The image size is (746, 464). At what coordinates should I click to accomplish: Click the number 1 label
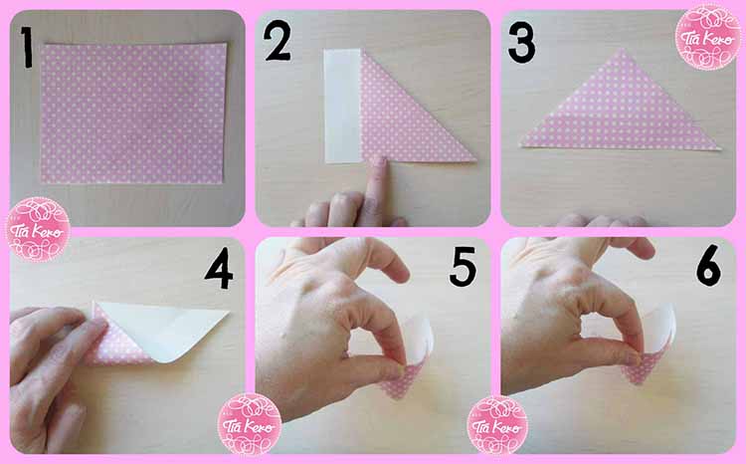click(x=26, y=47)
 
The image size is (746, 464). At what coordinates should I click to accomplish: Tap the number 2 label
click(x=278, y=44)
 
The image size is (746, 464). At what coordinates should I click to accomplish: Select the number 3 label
click(x=520, y=44)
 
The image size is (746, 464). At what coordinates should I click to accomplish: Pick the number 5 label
click(x=464, y=266)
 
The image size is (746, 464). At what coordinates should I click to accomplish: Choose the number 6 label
click(x=708, y=266)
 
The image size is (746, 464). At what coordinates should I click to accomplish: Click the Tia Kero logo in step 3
click(x=706, y=38)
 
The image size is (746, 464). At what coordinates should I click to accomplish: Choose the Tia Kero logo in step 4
click(x=249, y=423)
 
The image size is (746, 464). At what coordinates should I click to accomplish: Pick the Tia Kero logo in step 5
click(x=496, y=423)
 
